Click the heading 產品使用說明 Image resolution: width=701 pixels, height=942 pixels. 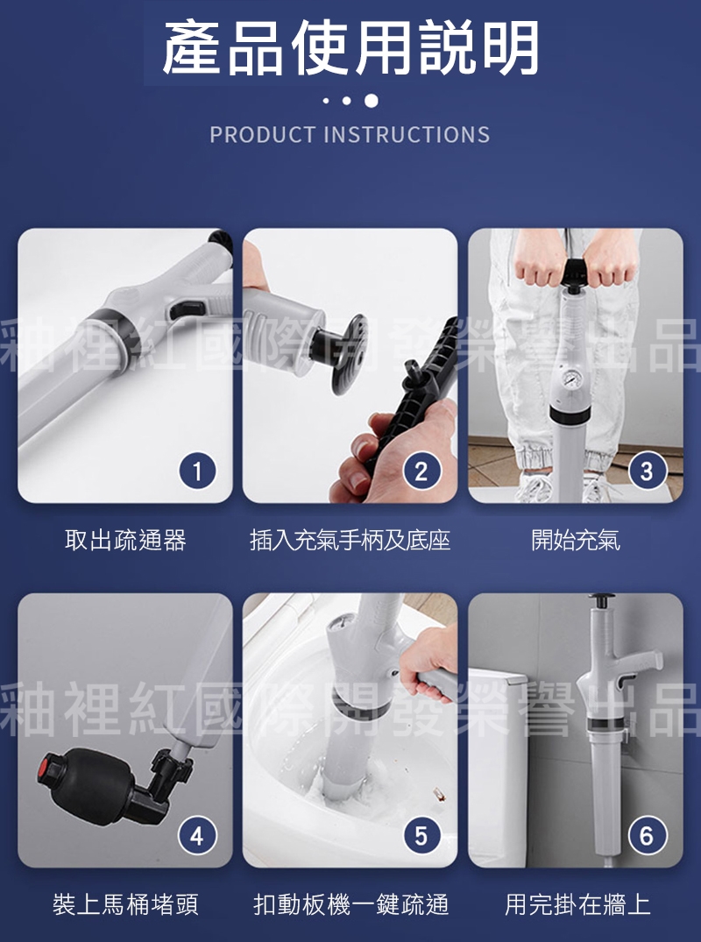pos(350,48)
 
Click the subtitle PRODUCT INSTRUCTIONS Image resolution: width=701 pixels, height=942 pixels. pos(350,135)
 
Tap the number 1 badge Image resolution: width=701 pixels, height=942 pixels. pos(197,471)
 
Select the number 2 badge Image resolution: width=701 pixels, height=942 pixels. pos(421,471)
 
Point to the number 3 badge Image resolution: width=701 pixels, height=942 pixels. pos(647,471)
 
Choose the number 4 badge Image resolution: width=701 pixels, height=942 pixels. pos(197,835)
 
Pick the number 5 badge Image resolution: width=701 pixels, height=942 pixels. pos(421,835)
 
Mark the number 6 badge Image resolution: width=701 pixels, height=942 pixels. pos(647,835)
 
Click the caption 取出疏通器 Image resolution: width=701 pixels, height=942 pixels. pos(125,540)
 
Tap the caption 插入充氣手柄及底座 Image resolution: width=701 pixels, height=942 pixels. pos(350,540)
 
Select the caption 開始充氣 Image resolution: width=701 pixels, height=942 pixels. pos(576,540)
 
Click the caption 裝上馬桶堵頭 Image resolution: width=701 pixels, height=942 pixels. pos(125,904)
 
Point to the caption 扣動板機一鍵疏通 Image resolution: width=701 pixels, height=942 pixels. pos(350,904)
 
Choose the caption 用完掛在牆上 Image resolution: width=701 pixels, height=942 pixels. pos(577,904)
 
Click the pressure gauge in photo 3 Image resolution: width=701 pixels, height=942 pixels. pos(569,379)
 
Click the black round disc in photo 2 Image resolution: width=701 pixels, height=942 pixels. pos(350,354)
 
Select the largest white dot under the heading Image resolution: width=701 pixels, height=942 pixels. pos(372,101)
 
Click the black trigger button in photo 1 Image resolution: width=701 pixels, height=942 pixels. pos(187,308)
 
